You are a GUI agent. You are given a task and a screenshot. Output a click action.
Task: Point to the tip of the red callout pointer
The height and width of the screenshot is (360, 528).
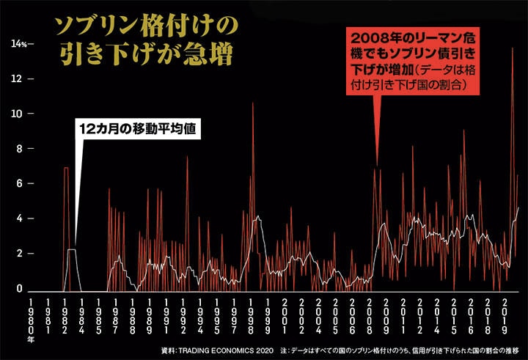(x=377, y=165)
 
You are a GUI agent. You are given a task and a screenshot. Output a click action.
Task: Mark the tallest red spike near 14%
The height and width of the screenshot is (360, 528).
(x=511, y=48)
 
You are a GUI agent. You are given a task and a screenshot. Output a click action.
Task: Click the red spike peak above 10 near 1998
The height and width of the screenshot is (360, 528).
(x=253, y=103)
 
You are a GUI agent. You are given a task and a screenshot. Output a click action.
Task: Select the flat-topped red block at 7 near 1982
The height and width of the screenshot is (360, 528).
(x=66, y=169)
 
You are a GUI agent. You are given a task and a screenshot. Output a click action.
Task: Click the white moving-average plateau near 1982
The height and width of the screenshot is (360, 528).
(x=72, y=250)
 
